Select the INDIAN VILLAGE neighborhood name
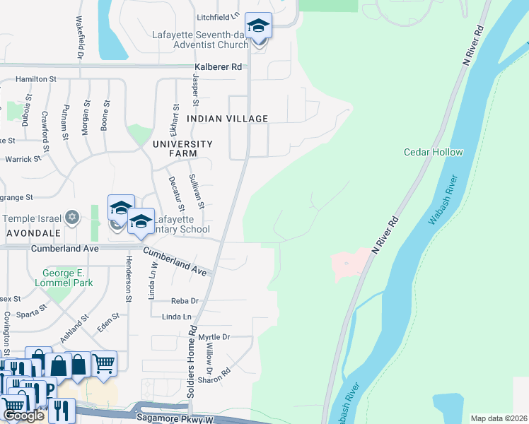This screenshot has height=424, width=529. (x=227, y=119)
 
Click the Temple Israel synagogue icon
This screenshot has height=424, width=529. (x=71, y=218)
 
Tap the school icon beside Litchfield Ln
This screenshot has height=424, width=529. (x=259, y=28)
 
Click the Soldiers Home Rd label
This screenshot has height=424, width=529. (x=191, y=364)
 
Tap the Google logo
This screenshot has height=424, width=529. (x=23, y=416)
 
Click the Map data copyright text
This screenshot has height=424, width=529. (x=498, y=418)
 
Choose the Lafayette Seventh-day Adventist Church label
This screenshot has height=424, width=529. (x=199, y=40)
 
